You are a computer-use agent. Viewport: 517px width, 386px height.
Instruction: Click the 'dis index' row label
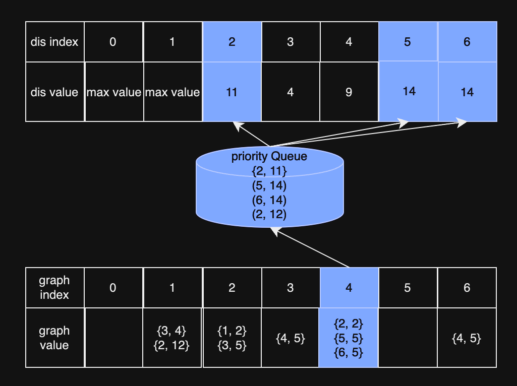54,42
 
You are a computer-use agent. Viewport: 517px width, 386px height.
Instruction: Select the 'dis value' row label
54,92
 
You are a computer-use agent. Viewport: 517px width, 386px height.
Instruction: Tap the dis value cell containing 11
232,92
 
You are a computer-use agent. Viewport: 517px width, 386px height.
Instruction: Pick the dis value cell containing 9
349,92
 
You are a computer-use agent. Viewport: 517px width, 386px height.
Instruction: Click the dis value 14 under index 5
409,91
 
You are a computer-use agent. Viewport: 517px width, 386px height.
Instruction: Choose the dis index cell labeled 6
467,42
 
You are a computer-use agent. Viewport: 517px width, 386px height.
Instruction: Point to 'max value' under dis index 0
113,92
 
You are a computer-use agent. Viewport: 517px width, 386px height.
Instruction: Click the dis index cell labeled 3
290,42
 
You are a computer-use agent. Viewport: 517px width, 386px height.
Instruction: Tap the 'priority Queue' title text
269,157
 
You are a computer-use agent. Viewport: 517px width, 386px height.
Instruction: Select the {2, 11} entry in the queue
269,171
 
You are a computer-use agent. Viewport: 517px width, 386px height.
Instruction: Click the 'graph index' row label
54,287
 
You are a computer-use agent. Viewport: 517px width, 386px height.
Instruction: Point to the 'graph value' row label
54,338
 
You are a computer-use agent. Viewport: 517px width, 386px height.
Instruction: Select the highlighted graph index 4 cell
349,287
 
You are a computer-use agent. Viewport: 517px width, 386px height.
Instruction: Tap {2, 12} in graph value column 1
172,345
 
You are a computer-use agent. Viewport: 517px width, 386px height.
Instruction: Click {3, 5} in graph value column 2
232,345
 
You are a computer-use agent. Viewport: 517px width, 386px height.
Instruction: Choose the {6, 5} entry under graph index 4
349,352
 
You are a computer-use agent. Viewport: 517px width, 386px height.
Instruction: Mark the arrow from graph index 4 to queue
310,247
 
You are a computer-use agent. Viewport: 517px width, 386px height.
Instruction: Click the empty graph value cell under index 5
408,338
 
